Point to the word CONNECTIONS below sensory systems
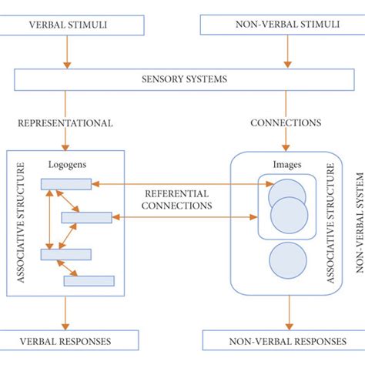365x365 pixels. tap(286, 122)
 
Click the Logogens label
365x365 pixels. tap(61, 164)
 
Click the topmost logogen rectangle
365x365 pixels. tap(66, 183)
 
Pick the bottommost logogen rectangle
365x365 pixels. tap(89, 281)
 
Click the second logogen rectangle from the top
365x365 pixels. tap(86, 218)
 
